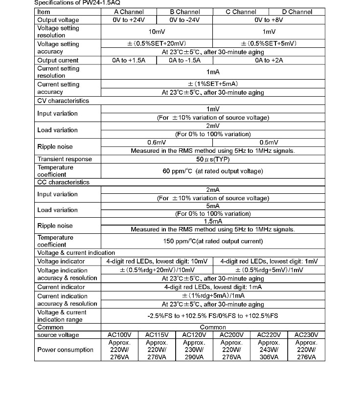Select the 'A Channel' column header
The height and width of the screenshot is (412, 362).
129,12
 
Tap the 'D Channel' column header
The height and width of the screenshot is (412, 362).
297,12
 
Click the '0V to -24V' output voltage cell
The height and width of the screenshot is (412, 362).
184,20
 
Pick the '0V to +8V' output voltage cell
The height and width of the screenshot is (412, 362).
269,20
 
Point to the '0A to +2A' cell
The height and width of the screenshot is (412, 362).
269,60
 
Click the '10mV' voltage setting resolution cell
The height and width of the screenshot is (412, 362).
156,31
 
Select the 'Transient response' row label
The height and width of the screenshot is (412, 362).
65,159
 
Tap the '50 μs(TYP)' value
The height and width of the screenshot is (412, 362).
213,159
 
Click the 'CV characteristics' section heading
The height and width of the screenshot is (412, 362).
63,101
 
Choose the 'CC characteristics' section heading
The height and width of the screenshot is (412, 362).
63,182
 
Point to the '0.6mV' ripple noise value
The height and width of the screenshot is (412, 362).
157,143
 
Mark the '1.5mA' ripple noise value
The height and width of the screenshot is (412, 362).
213,221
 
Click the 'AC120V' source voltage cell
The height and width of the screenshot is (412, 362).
194,335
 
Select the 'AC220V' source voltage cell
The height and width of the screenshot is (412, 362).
269,335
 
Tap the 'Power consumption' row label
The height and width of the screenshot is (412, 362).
65,350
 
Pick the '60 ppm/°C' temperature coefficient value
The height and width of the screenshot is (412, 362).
213,171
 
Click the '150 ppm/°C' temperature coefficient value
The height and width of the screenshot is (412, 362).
213,241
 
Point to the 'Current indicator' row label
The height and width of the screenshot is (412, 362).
61,287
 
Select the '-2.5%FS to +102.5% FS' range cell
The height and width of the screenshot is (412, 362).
213,316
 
